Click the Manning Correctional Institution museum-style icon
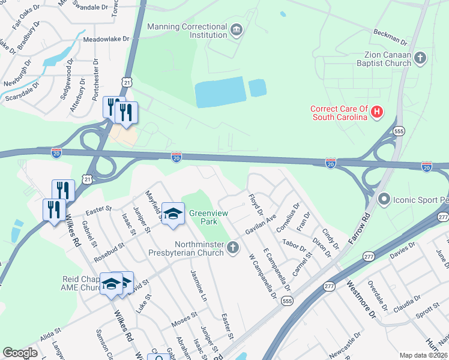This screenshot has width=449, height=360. tap(237, 28)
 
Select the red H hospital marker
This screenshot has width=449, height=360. tap(377, 111)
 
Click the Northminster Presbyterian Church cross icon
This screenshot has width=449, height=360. tap(233, 247)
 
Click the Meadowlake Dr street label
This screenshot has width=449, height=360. tap(106, 38)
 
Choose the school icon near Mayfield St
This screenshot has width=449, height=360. tap(172, 213)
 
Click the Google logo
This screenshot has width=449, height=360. tap(20, 353)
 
